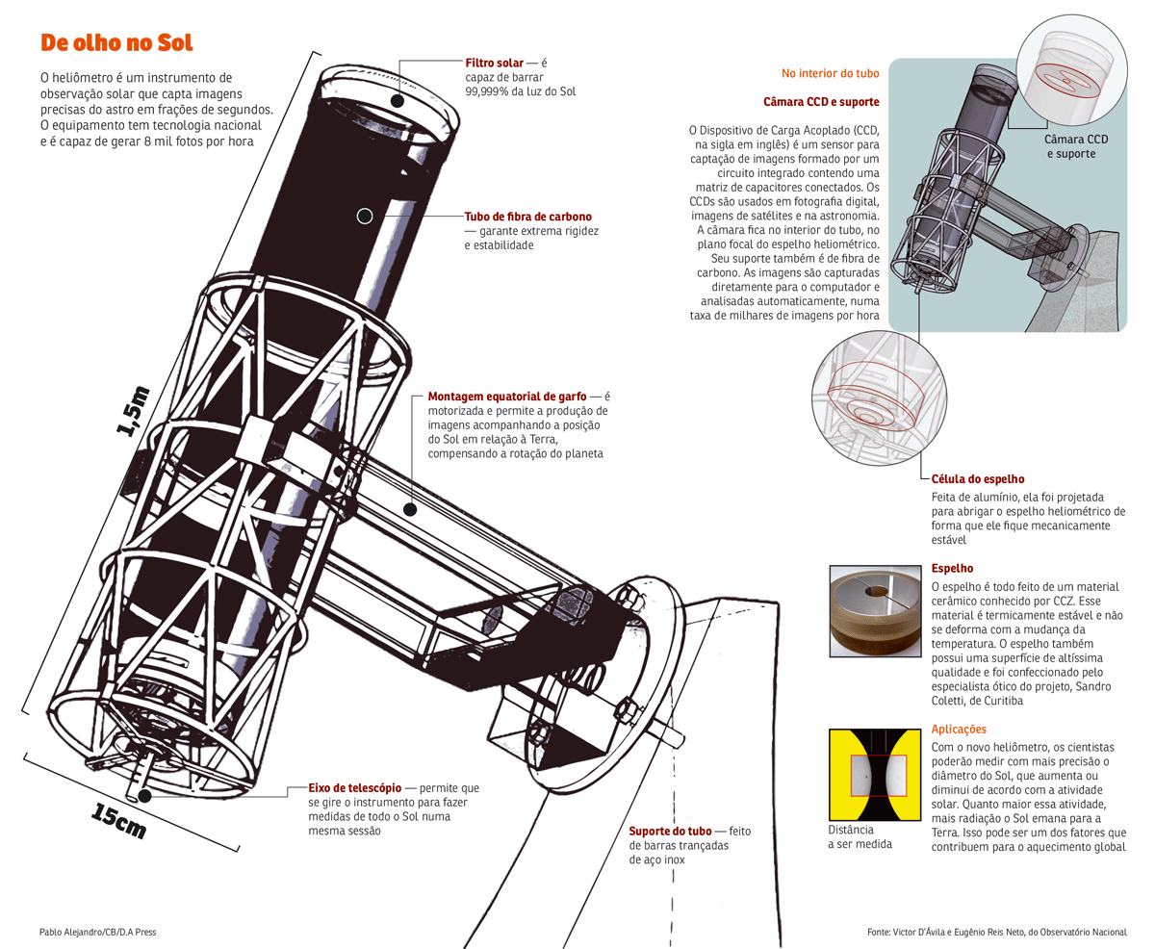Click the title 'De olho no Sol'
tap(116, 43)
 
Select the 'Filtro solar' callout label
tap(494, 63)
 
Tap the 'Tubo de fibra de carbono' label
tap(527, 217)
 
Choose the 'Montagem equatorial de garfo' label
tap(506, 397)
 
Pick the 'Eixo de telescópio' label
tap(355, 788)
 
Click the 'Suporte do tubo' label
tap(669, 831)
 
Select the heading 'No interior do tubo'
tap(830, 73)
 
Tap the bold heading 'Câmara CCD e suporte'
tap(820, 101)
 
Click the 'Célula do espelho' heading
tap(977, 478)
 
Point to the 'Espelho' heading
tap(952, 569)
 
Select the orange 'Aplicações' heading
tap(960, 730)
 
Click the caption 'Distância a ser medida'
tap(860, 836)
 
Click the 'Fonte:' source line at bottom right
tap(996, 932)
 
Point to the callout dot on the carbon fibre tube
tap(365, 217)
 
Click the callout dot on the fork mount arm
tap(409, 509)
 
